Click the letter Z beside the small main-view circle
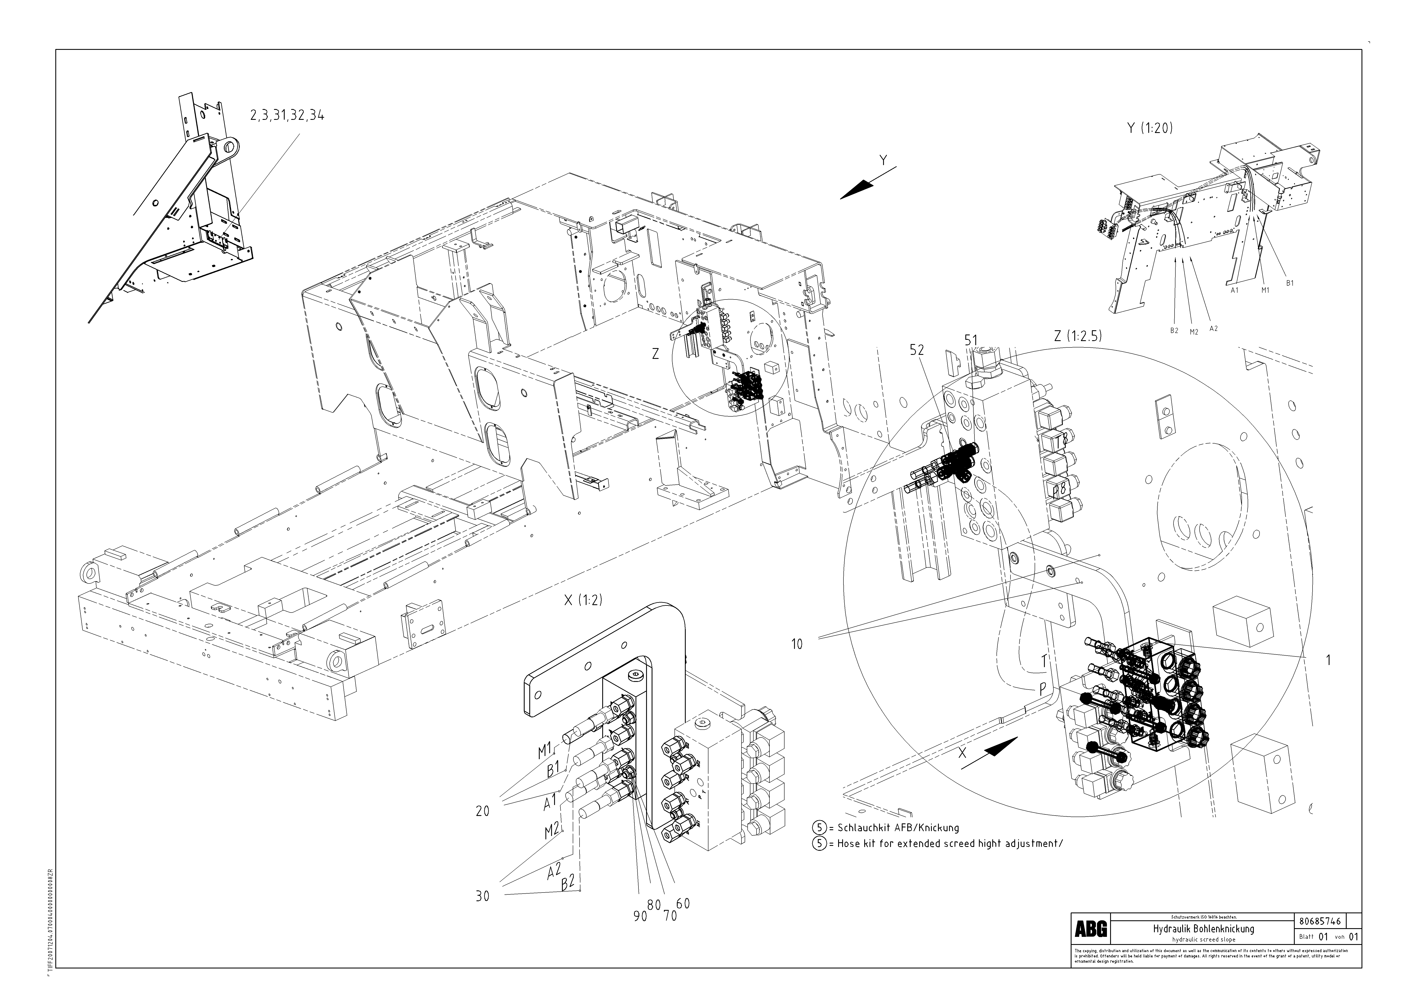pos(655,354)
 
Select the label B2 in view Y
pos(1174,330)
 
